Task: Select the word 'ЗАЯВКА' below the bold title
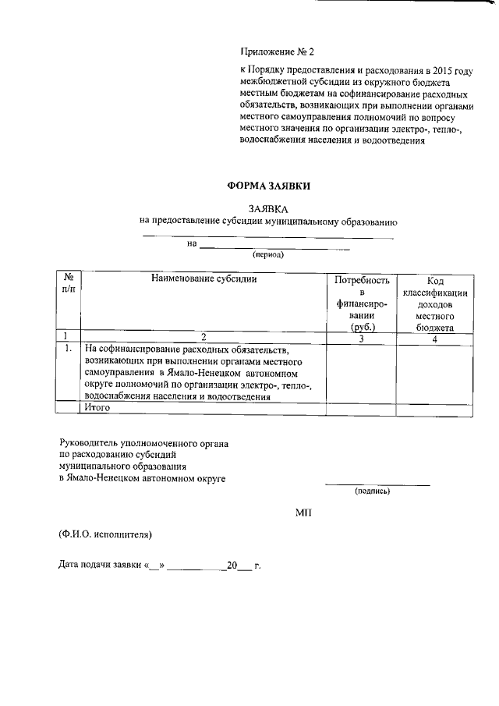pos(267,209)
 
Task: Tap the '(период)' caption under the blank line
pos(267,255)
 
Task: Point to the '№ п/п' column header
pos(69,284)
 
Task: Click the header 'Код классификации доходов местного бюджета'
pos(435,304)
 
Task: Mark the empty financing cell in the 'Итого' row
pos(361,408)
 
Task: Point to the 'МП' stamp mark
pos(304,512)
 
